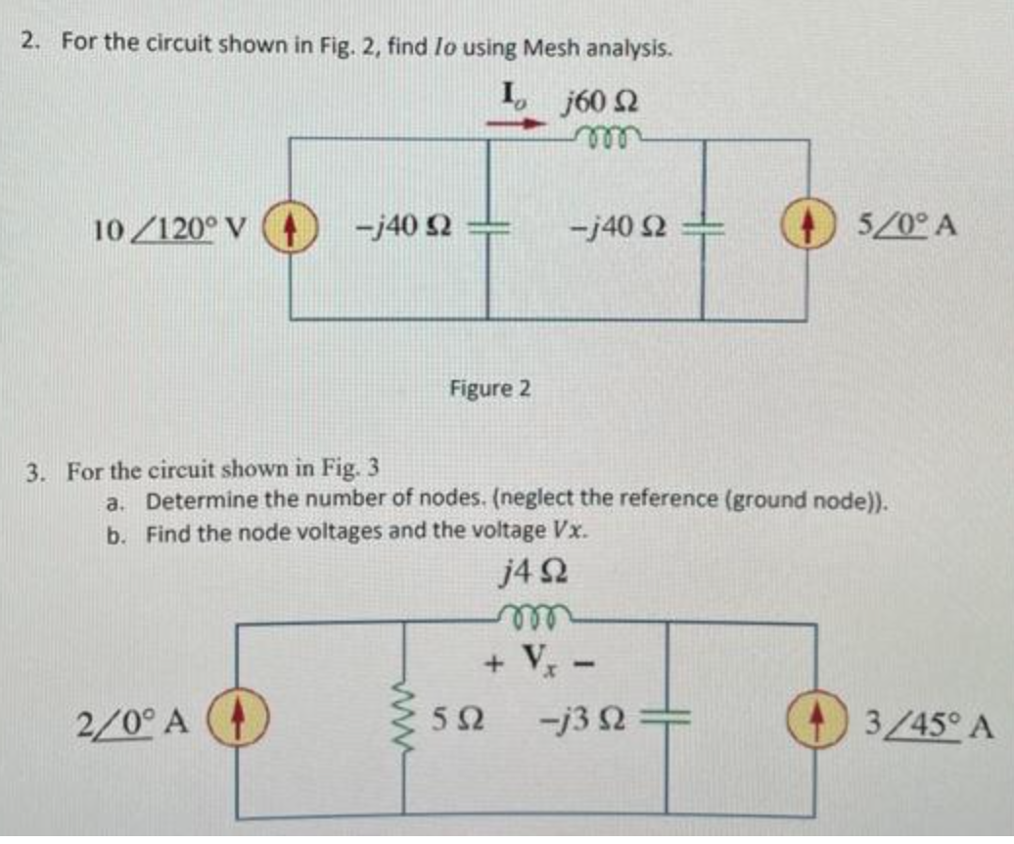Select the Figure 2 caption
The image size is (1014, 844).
tap(490, 389)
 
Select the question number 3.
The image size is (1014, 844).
tap(34, 473)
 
